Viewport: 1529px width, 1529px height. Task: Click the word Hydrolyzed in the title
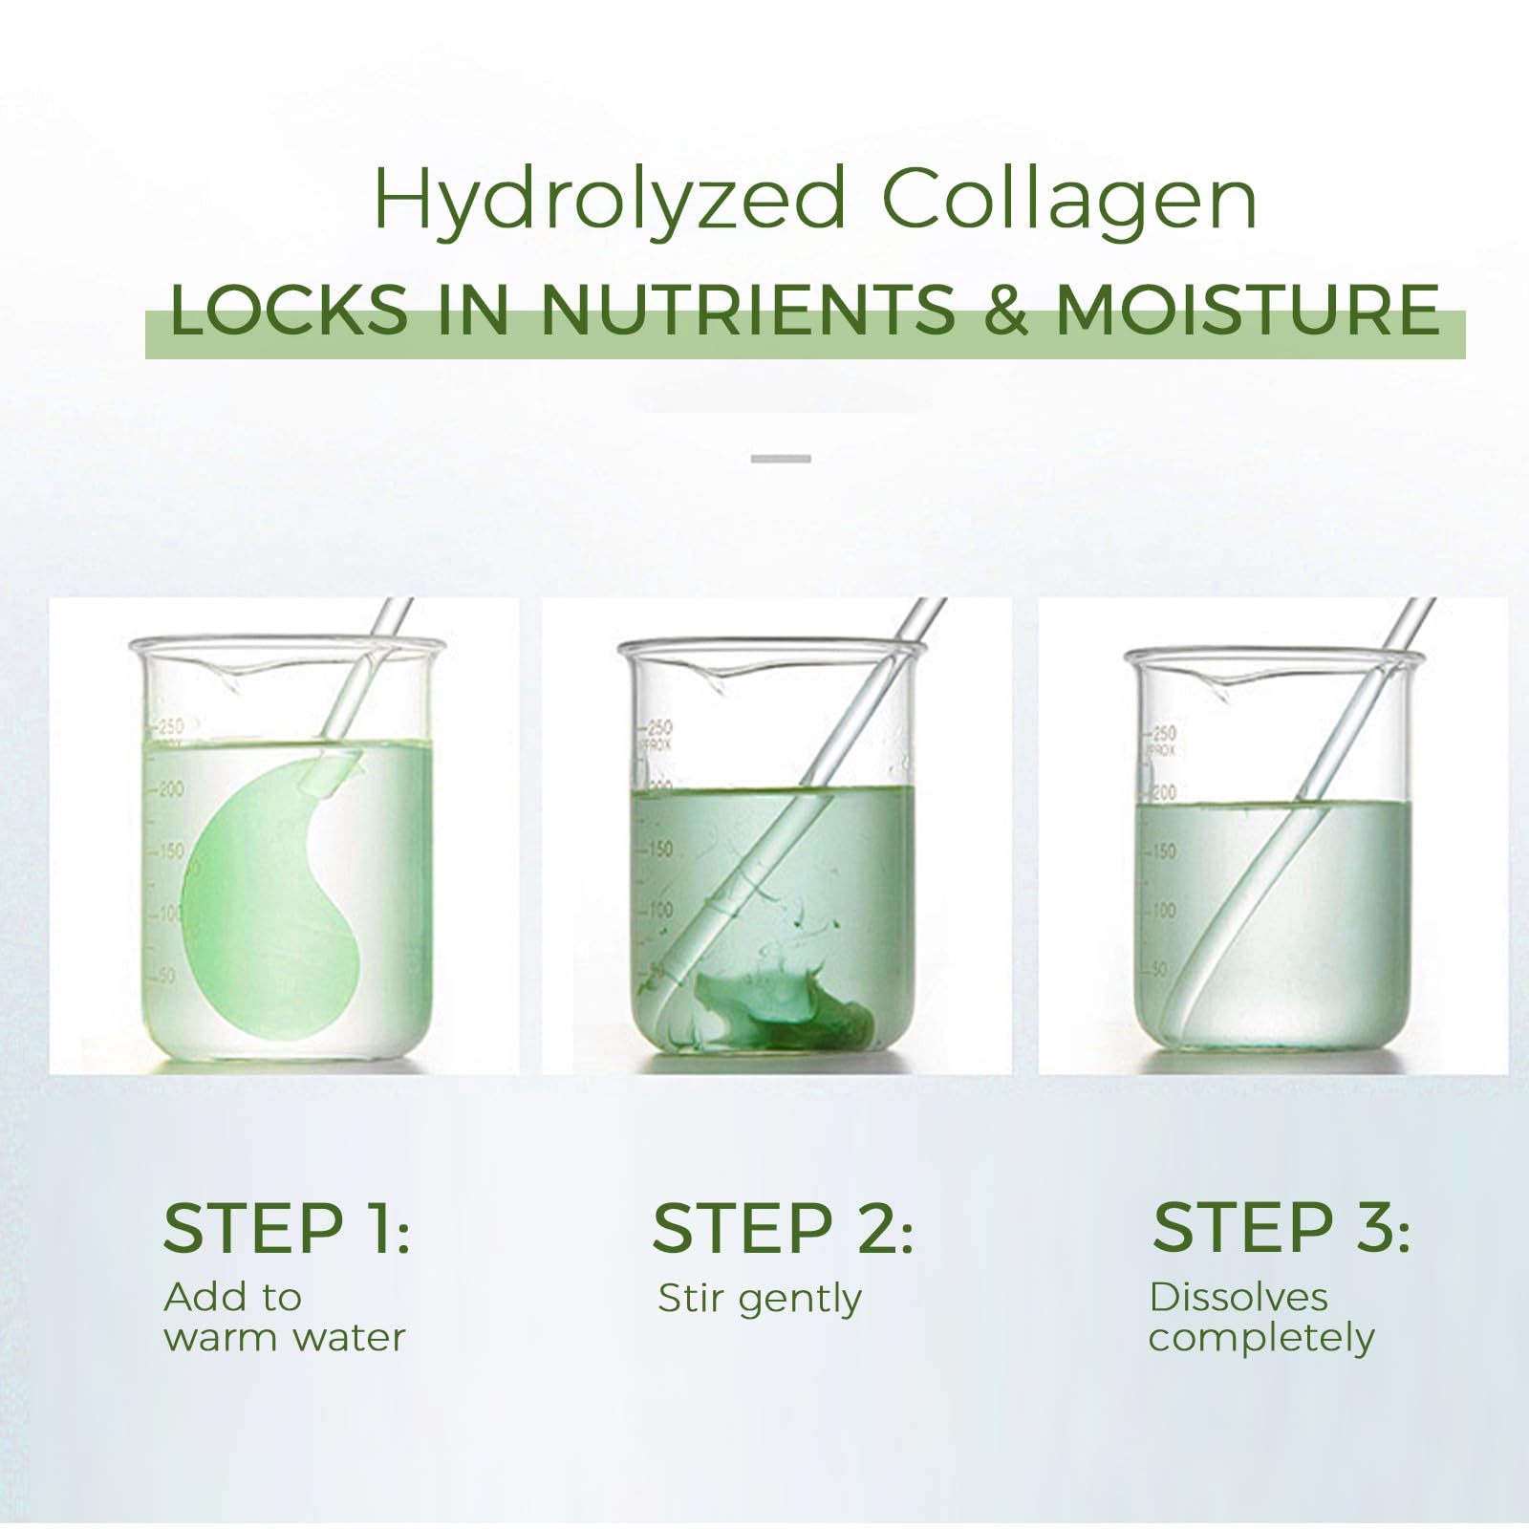609,201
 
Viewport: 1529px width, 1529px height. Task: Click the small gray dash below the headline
781,459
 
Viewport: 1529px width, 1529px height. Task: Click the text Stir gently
760,1300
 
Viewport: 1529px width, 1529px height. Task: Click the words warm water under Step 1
285,1337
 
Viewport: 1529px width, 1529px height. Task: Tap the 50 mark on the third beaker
1159,969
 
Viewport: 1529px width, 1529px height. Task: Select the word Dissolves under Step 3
1238,1297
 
